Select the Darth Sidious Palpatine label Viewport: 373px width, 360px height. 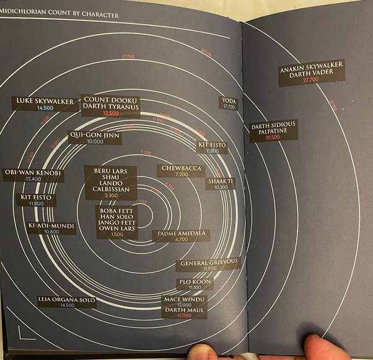(273, 128)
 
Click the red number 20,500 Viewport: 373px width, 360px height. (273, 138)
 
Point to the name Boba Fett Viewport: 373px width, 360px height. (115, 211)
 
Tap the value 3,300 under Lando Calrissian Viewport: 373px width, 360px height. (112, 196)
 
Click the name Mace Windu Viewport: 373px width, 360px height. (184, 299)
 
